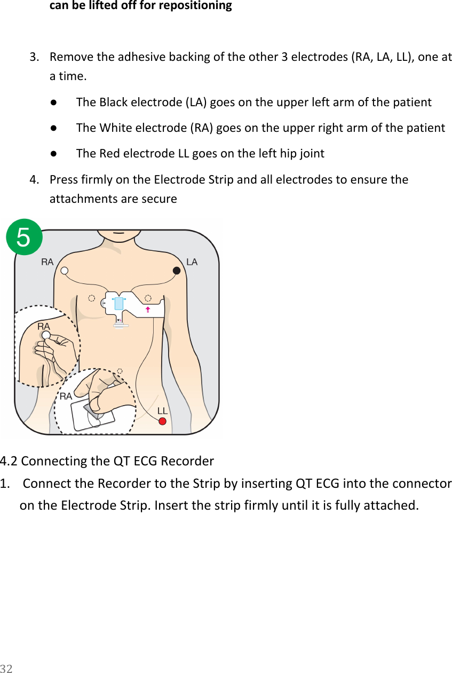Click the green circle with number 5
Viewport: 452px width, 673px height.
point(23,237)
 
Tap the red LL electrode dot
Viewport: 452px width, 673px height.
point(163,421)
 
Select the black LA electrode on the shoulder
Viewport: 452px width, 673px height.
point(177,271)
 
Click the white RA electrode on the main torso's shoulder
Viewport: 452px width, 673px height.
point(64,270)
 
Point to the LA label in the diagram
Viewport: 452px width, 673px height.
point(192,262)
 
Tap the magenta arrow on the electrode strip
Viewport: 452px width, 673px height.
point(147,309)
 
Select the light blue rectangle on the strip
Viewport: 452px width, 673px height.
point(119,303)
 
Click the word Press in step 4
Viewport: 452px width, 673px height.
point(62,179)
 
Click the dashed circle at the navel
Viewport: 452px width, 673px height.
point(120,370)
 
